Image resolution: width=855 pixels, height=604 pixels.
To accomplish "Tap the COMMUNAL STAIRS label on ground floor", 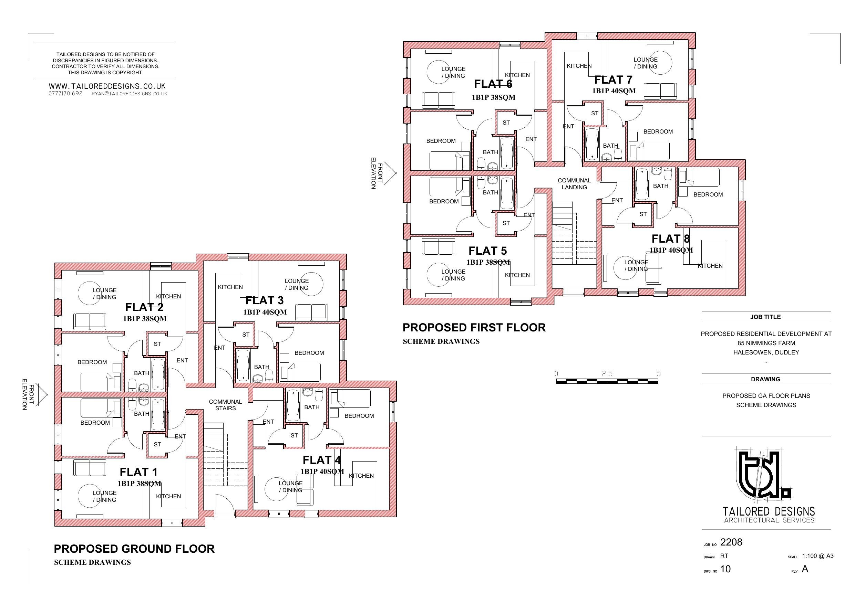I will click(x=225, y=405).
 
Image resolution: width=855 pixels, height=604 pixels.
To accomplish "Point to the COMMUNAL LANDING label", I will click(x=574, y=184).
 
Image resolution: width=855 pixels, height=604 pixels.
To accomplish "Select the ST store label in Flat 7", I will click(x=595, y=114).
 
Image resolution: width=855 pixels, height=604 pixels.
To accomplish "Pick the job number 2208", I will click(x=731, y=542).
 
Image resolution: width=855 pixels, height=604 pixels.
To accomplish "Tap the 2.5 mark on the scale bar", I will click(x=607, y=374).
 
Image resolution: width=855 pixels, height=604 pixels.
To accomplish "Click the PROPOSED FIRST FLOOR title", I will click(x=474, y=328).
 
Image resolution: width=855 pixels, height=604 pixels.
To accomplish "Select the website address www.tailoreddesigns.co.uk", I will click(x=107, y=86).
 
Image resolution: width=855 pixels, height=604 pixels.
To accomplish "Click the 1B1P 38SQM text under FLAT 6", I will click(x=493, y=97).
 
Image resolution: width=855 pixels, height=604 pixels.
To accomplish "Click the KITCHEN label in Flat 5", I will click(x=517, y=275).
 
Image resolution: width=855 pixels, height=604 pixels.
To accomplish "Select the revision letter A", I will click(x=805, y=569).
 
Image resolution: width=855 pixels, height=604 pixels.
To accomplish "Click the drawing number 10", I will click(x=725, y=569).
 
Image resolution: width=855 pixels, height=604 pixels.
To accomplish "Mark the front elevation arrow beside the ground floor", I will click(x=43, y=394).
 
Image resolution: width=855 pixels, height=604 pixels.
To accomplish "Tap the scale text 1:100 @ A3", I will click(x=818, y=556).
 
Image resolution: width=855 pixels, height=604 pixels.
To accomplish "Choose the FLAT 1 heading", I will click(x=138, y=472).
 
